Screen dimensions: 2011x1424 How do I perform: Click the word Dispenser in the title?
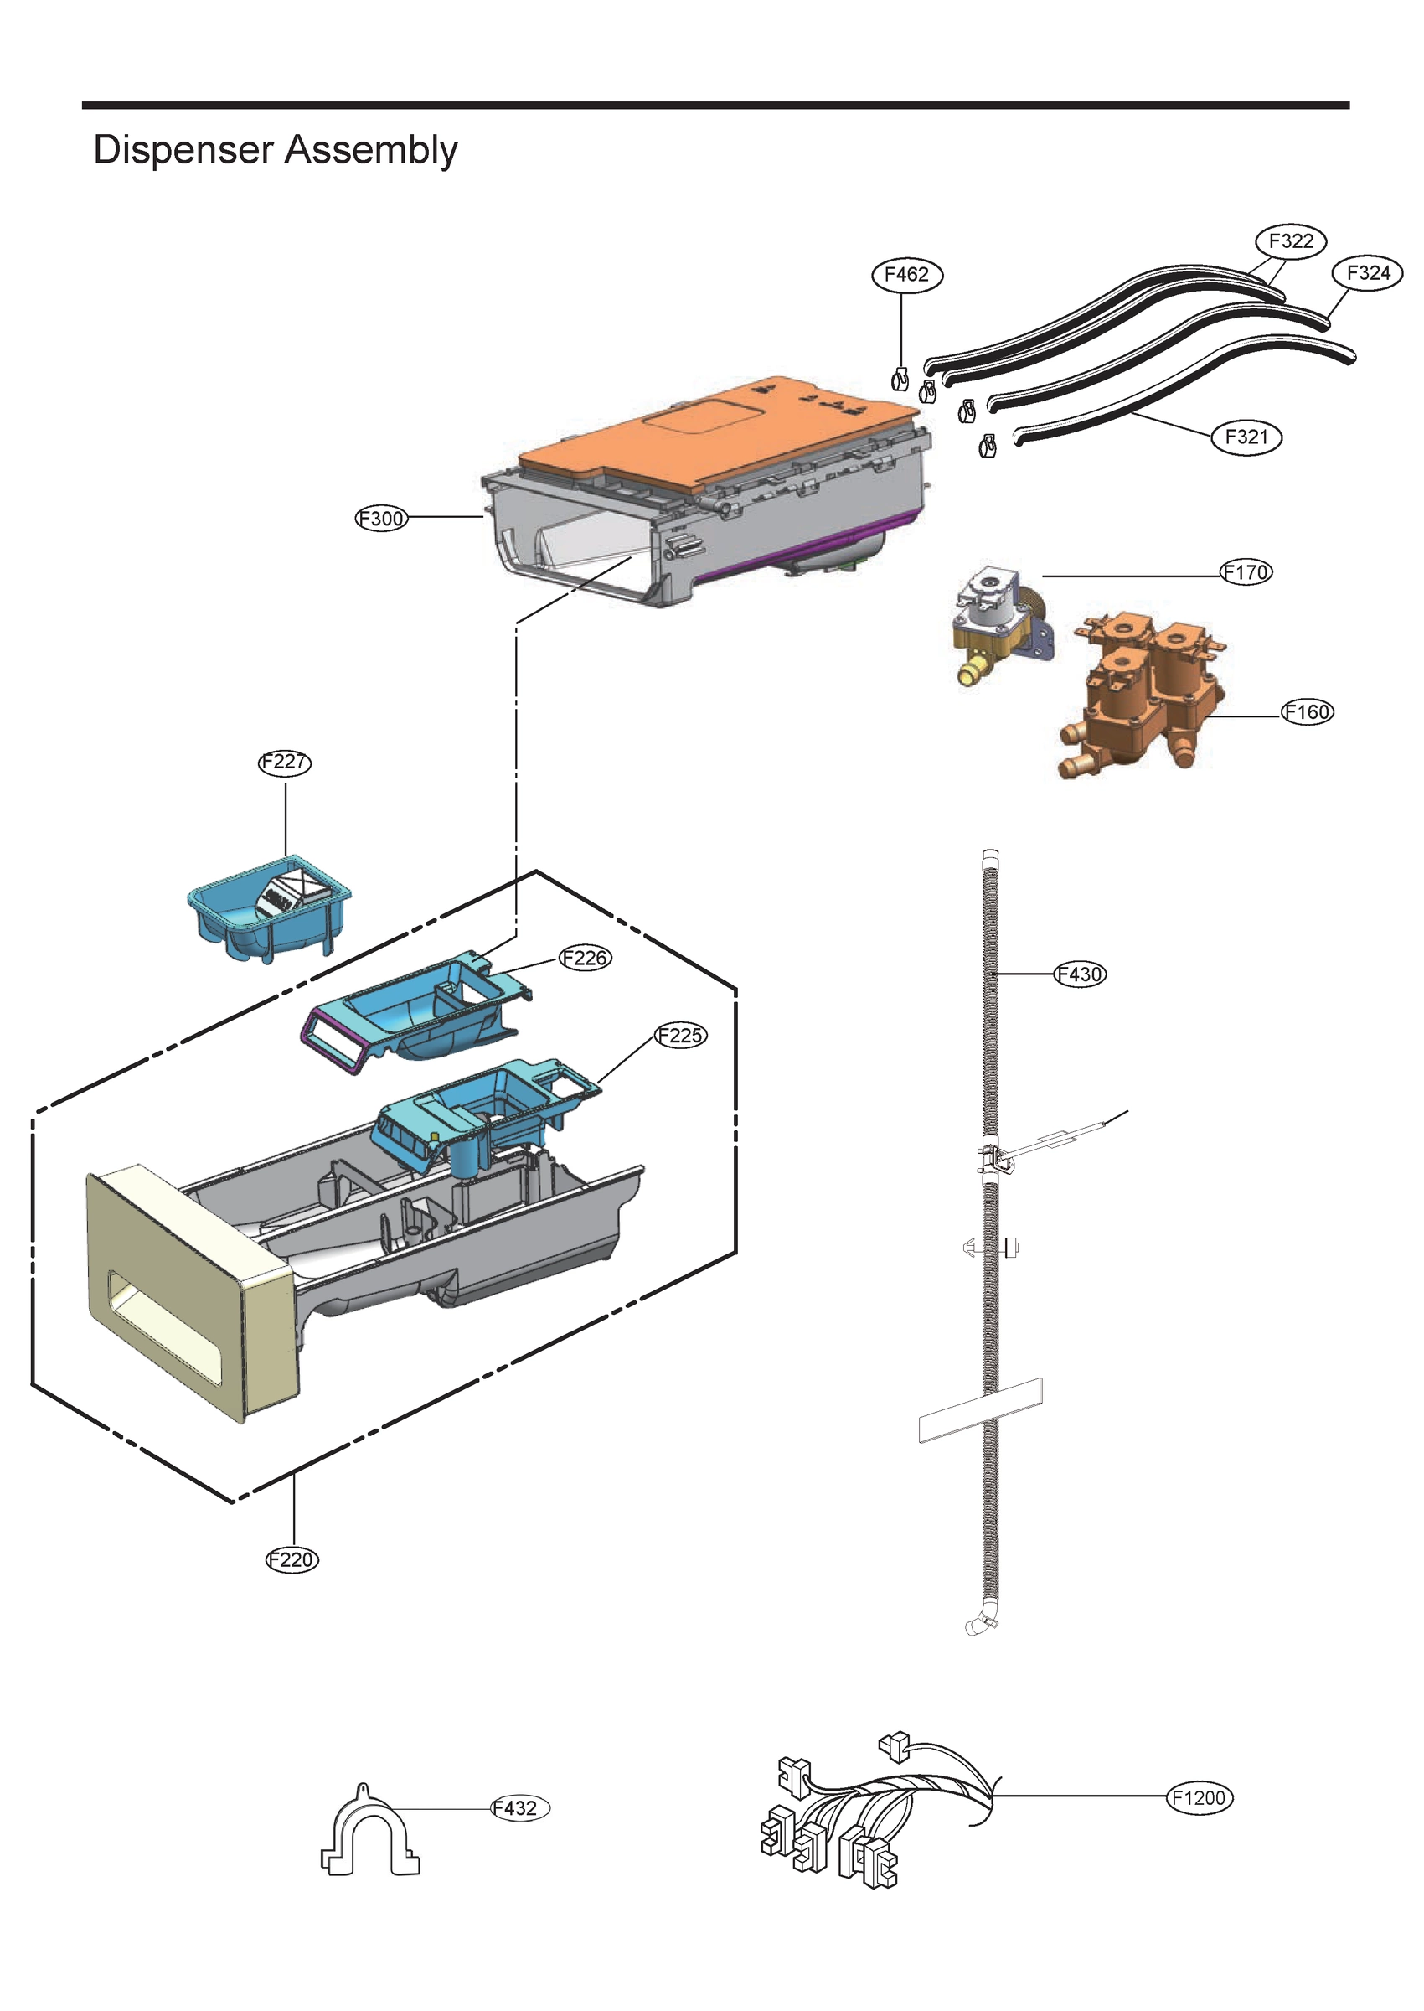(x=183, y=150)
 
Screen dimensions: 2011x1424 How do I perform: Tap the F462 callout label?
(x=906, y=275)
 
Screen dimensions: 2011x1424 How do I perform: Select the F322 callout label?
(x=1291, y=241)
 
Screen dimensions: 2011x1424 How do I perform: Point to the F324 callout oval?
(x=1367, y=274)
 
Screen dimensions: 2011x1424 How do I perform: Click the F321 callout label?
(x=1246, y=437)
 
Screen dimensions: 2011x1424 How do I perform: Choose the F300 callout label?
(x=381, y=519)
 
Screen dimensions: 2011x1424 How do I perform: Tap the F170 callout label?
(x=1246, y=572)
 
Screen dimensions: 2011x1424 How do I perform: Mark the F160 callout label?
(x=1308, y=712)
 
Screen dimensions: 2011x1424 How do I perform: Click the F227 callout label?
(x=285, y=762)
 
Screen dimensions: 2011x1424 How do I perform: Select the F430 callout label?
(x=1080, y=974)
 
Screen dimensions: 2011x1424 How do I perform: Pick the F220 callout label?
(x=292, y=1559)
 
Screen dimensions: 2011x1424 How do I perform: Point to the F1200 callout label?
(x=1200, y=1797)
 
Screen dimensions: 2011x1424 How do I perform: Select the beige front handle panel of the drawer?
(x=188, y=1290)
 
